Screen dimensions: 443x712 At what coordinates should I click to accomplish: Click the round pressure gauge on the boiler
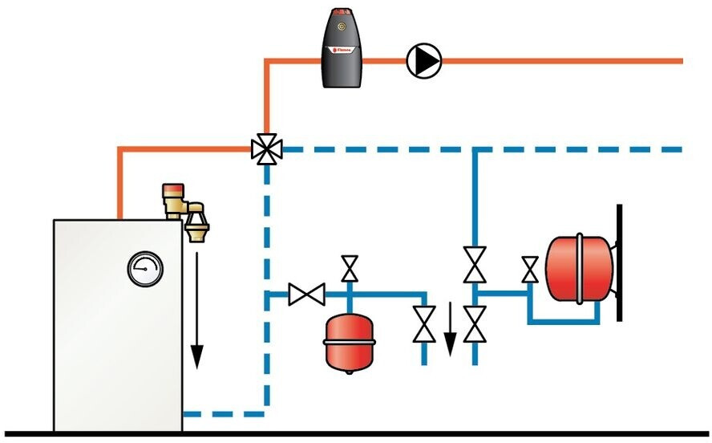(144, 270)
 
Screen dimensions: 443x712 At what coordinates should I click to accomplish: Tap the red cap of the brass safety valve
(172, 189)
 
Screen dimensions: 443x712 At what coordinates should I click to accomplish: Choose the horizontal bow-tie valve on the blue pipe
(305, 294)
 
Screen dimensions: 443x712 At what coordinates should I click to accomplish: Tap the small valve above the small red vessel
(350, 269)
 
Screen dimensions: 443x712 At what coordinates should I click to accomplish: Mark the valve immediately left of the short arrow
(424, 323)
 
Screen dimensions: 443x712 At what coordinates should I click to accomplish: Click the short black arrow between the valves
(450, 328)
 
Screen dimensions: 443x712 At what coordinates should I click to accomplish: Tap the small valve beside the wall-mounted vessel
(529, 270)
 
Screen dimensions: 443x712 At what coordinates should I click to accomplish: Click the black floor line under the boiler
(356, 435)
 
